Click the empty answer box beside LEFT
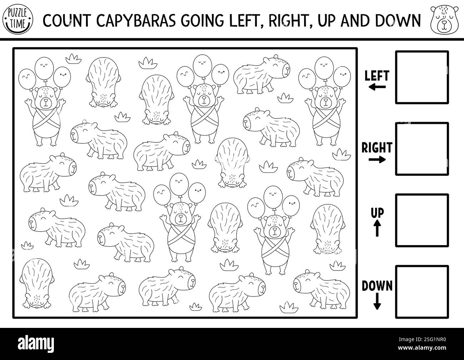(x=422, y=77)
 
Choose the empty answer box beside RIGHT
(x=422, y=149)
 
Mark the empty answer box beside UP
(x=422, y=220)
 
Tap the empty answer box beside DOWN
(x=422, y=291)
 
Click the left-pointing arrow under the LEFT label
(x=377, y=87)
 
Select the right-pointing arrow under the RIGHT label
(x=377, y=159)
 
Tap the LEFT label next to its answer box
(x=377, y=76)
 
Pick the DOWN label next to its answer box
(x=377, y=285)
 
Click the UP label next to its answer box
(x=377, y=213)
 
